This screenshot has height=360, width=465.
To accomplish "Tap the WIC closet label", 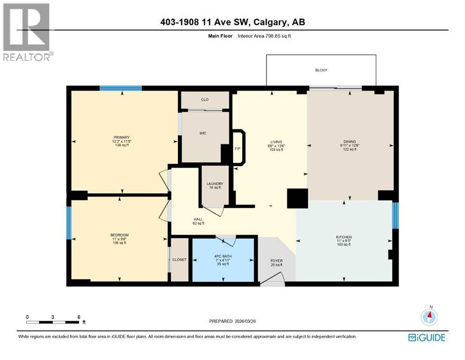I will click(203, 133).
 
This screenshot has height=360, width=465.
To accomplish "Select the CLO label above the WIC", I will click(205, 99).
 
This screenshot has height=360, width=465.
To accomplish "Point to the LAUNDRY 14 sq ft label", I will click(215, 186).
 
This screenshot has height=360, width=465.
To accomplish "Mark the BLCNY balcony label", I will click(321, 70).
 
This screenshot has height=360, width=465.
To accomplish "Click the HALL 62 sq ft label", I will click(199, 221).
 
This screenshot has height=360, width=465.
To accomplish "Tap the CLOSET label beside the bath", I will click(179, 260).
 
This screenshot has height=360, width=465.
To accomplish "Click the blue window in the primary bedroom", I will click(120, 88).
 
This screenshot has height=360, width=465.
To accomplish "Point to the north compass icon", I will click(429, 317).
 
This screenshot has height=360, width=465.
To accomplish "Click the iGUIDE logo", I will click(427, 337).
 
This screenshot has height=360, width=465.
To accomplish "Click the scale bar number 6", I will click(78, 317).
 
